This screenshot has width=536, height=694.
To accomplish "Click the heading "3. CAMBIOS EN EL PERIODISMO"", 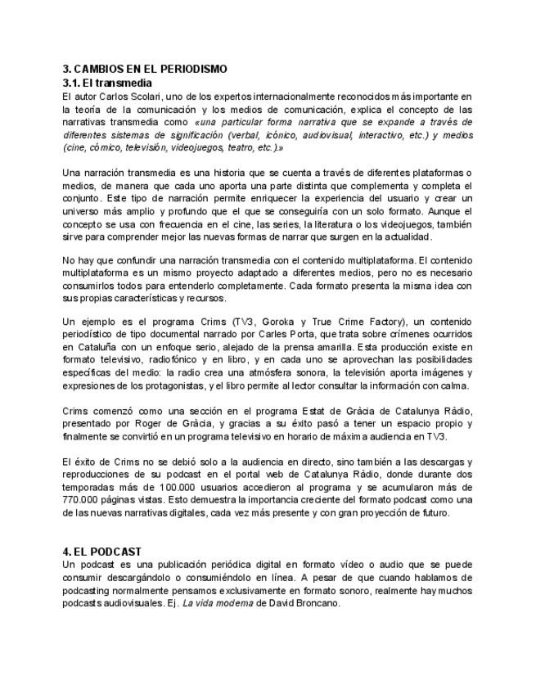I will pyautogui.click(x=145, y=69).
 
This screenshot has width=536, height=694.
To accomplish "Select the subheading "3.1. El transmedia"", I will pyautogui.click(x=107, y=83).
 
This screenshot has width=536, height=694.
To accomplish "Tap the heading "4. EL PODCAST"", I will pyautogui.click(x=102, y=552).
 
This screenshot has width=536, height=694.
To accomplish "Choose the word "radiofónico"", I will pyautogui.click(x=179, y=360).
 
